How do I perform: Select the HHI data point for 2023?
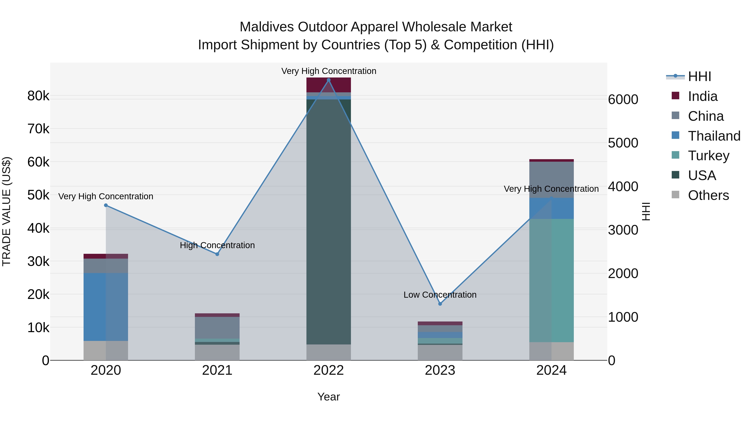pos(440,304)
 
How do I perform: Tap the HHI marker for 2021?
pos(217,254)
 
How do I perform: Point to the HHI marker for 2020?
pos(106,205)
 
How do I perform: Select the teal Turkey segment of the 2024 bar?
pos(551,280)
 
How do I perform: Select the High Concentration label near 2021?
pos(217,245)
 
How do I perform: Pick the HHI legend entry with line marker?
pos(699,76)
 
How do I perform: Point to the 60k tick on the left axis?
pos(38,162)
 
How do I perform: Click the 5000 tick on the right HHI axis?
pos(623,143)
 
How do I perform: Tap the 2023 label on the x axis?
pos(440,370)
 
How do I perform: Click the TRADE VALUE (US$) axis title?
pos(6,211)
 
